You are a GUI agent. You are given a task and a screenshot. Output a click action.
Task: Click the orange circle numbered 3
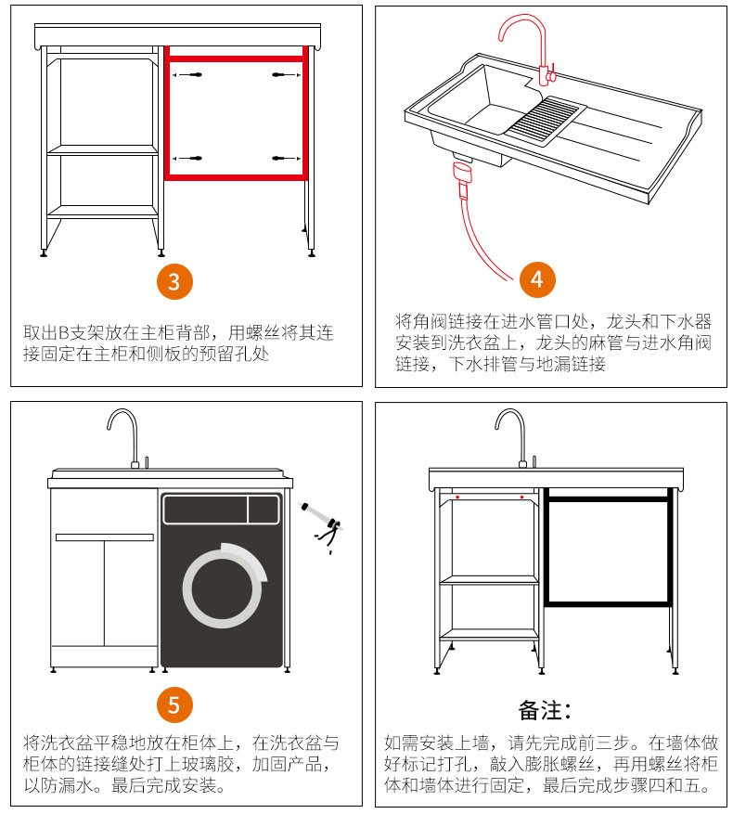[174, 280]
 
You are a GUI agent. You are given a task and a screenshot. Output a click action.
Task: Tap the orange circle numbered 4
[537, 278]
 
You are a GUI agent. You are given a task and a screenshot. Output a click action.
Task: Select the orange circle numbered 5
[174, 703]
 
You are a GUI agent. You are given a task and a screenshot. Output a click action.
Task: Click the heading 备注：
[545, 711]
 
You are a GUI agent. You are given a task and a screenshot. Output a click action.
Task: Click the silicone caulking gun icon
[321, 525]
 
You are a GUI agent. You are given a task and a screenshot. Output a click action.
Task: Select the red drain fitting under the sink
[460, 173]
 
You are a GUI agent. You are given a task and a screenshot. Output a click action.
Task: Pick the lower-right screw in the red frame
[280, 160]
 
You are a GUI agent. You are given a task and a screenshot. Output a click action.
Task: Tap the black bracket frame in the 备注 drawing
[608, 550]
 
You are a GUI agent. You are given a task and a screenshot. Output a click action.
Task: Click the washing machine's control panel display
[263, 509]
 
